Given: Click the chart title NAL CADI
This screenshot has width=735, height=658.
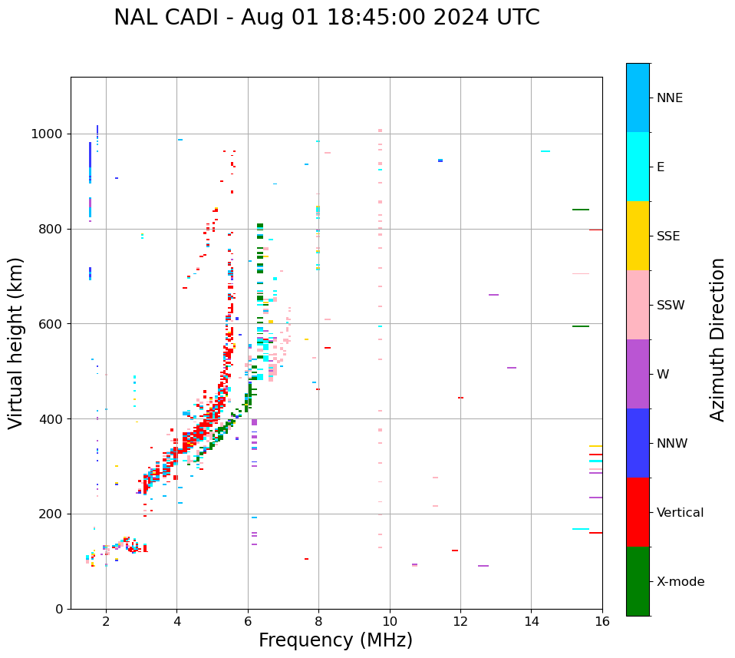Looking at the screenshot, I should [326, 18].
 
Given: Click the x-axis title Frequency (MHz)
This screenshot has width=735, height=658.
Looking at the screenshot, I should [335, 640].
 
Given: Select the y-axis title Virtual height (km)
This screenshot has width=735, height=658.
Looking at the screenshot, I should [16, 343].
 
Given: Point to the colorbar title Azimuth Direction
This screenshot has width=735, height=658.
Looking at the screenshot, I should [717, 339].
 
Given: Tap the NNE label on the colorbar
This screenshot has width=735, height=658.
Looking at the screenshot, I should [669, 98].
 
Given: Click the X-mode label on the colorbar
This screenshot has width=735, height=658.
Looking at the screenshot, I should [681, 582].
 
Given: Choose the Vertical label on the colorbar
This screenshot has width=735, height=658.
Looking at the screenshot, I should [681, 513].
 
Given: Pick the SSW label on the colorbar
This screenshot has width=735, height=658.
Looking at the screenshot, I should [671, 306].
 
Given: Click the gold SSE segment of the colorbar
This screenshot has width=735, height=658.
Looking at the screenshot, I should [638, 236].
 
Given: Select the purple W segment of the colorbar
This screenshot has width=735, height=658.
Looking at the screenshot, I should [638, 374].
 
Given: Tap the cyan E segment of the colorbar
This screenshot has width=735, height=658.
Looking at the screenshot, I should [638, 167].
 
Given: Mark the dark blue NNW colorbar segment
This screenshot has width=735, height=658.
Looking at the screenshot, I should [638, 443].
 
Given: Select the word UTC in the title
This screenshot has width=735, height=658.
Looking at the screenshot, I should [517, 18].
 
